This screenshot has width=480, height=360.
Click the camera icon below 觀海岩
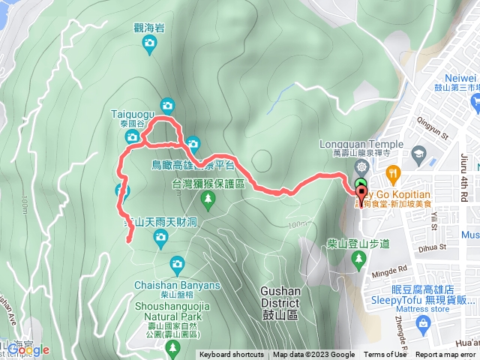149,45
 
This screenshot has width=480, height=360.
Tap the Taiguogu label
132,113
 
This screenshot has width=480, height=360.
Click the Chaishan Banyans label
178,285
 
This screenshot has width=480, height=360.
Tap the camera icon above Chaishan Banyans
177,263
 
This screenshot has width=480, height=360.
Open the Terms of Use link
385,355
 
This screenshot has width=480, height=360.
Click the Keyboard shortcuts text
232,355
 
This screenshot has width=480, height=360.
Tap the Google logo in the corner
28,349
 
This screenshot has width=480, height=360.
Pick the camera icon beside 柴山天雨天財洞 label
160,238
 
